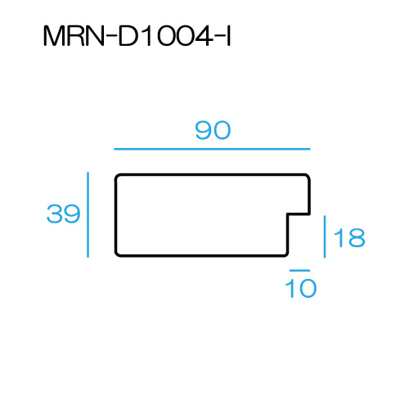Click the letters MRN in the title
coord(74,36)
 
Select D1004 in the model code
coord(165,36)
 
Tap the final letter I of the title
coord(229,36)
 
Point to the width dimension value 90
coord(213,130)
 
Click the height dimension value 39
coord(64,213)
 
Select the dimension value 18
coord(349,237)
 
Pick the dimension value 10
coord(301,288)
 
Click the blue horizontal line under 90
coord(212,149)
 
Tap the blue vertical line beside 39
coord(88,214)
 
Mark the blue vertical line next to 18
coord(325,236)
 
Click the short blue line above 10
coord(299,271)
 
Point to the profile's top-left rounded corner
coord(117,176)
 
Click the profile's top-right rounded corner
coord(308,176)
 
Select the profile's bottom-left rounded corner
coord(117,254)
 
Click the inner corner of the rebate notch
coord(288,214)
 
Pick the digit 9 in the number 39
coord(72,213)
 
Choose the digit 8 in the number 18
coord(357,237)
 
